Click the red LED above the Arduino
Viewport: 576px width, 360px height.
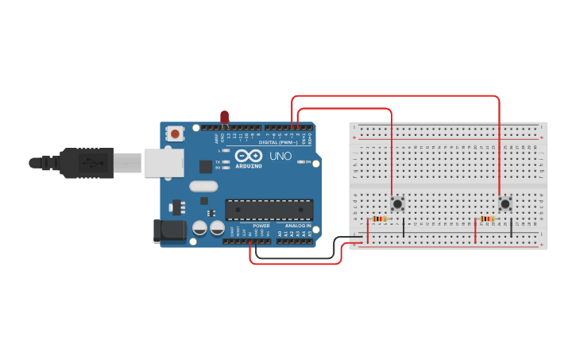[225, 118]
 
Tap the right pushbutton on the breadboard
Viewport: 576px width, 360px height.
[505, 203]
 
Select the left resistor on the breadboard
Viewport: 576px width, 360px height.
[379, 219]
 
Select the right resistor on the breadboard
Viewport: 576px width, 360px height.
[486, 219]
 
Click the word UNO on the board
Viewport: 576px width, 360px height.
[280, 156]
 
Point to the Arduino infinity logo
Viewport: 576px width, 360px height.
[248, 156]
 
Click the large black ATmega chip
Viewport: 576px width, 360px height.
[269, 209]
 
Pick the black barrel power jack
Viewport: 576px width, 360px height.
[169, 232]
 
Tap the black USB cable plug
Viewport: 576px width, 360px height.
[87, 163]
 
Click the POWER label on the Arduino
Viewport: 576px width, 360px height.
[261, 226]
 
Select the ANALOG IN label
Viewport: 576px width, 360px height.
[298, 226]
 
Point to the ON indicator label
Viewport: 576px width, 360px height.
[307, 162]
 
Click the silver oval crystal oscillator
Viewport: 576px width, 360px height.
[203, 187]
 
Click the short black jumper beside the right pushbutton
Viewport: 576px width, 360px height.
[511, 225]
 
